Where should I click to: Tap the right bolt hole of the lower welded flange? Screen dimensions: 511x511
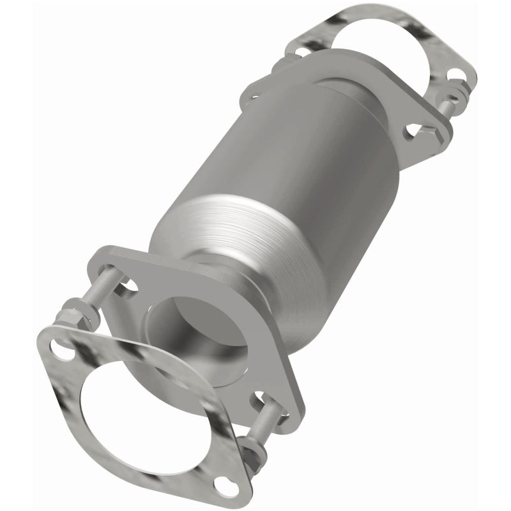[268, 399]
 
